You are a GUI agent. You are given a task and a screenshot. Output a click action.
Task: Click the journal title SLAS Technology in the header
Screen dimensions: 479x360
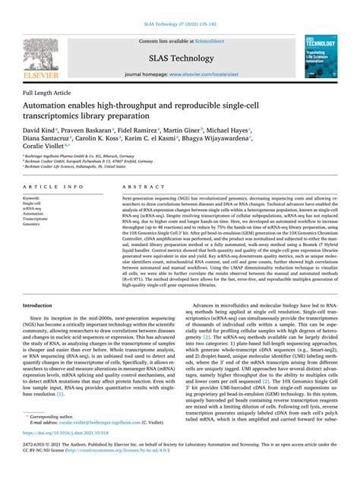pos(180,58)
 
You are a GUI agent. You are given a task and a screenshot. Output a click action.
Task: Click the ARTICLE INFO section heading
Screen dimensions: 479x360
pos(54,186)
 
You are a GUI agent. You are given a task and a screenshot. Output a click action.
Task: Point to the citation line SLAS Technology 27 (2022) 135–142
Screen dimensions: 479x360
pos(179,8)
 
